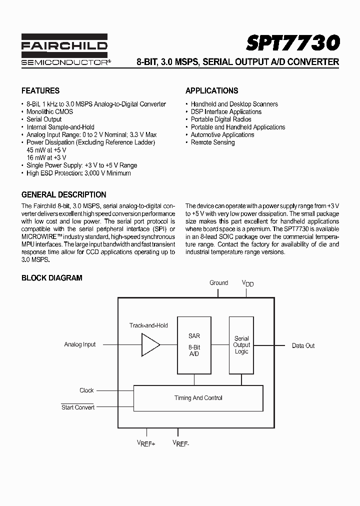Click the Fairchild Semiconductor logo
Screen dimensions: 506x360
pos(64,50)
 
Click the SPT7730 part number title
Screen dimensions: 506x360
pos(292,43)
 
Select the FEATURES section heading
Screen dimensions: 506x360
pos(40,90)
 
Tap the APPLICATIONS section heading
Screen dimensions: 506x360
pos(211,90)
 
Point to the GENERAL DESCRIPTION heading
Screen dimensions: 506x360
pos(63,194)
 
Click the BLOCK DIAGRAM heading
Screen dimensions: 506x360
pos(51,277)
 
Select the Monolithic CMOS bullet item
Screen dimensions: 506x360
pos(49,111)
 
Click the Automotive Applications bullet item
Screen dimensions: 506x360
pos(222,134)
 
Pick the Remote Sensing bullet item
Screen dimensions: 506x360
pos(212,142)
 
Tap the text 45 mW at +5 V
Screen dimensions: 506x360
pos(46,149)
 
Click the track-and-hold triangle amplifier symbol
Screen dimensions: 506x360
pos(150,345)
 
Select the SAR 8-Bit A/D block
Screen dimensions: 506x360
pos(194,345)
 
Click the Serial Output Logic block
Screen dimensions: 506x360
pos(241,345)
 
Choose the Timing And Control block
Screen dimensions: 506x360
pos(198,398)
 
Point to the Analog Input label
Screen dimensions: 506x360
pos(80,344)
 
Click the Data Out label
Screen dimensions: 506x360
pos(303,345)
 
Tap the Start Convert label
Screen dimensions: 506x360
pos(78,407)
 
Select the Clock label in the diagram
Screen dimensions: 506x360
pos(86,390)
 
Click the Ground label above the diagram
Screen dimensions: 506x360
pos(218,282)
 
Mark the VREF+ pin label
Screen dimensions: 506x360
pos(146,443)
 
